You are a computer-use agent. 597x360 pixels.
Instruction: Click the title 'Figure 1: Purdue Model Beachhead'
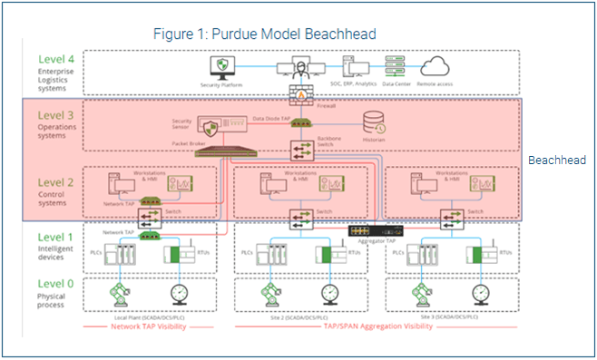(264, 34)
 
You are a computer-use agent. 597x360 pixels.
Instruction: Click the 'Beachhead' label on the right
(555, 159)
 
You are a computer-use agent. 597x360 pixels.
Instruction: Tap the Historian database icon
(374, 122)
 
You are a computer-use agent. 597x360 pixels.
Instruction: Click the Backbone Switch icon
(300, 150)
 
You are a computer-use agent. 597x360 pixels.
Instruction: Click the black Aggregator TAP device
(372, 229)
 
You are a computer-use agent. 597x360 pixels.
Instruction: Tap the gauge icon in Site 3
(477, 295)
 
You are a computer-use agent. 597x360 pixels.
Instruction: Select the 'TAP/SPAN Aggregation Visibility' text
(376, 325)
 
